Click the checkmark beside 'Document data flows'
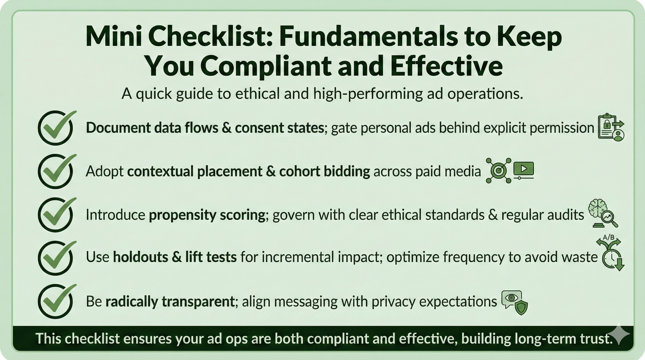tap(55, 128)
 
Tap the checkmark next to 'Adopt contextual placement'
tap(55, 171)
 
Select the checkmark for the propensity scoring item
tap(55, 215)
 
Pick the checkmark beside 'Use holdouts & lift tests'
tap(55, 258)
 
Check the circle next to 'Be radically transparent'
tap(55, 301)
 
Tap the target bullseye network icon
tap(499, 171)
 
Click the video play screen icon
tap(523, 170)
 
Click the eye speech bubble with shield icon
tap(514, 302)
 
